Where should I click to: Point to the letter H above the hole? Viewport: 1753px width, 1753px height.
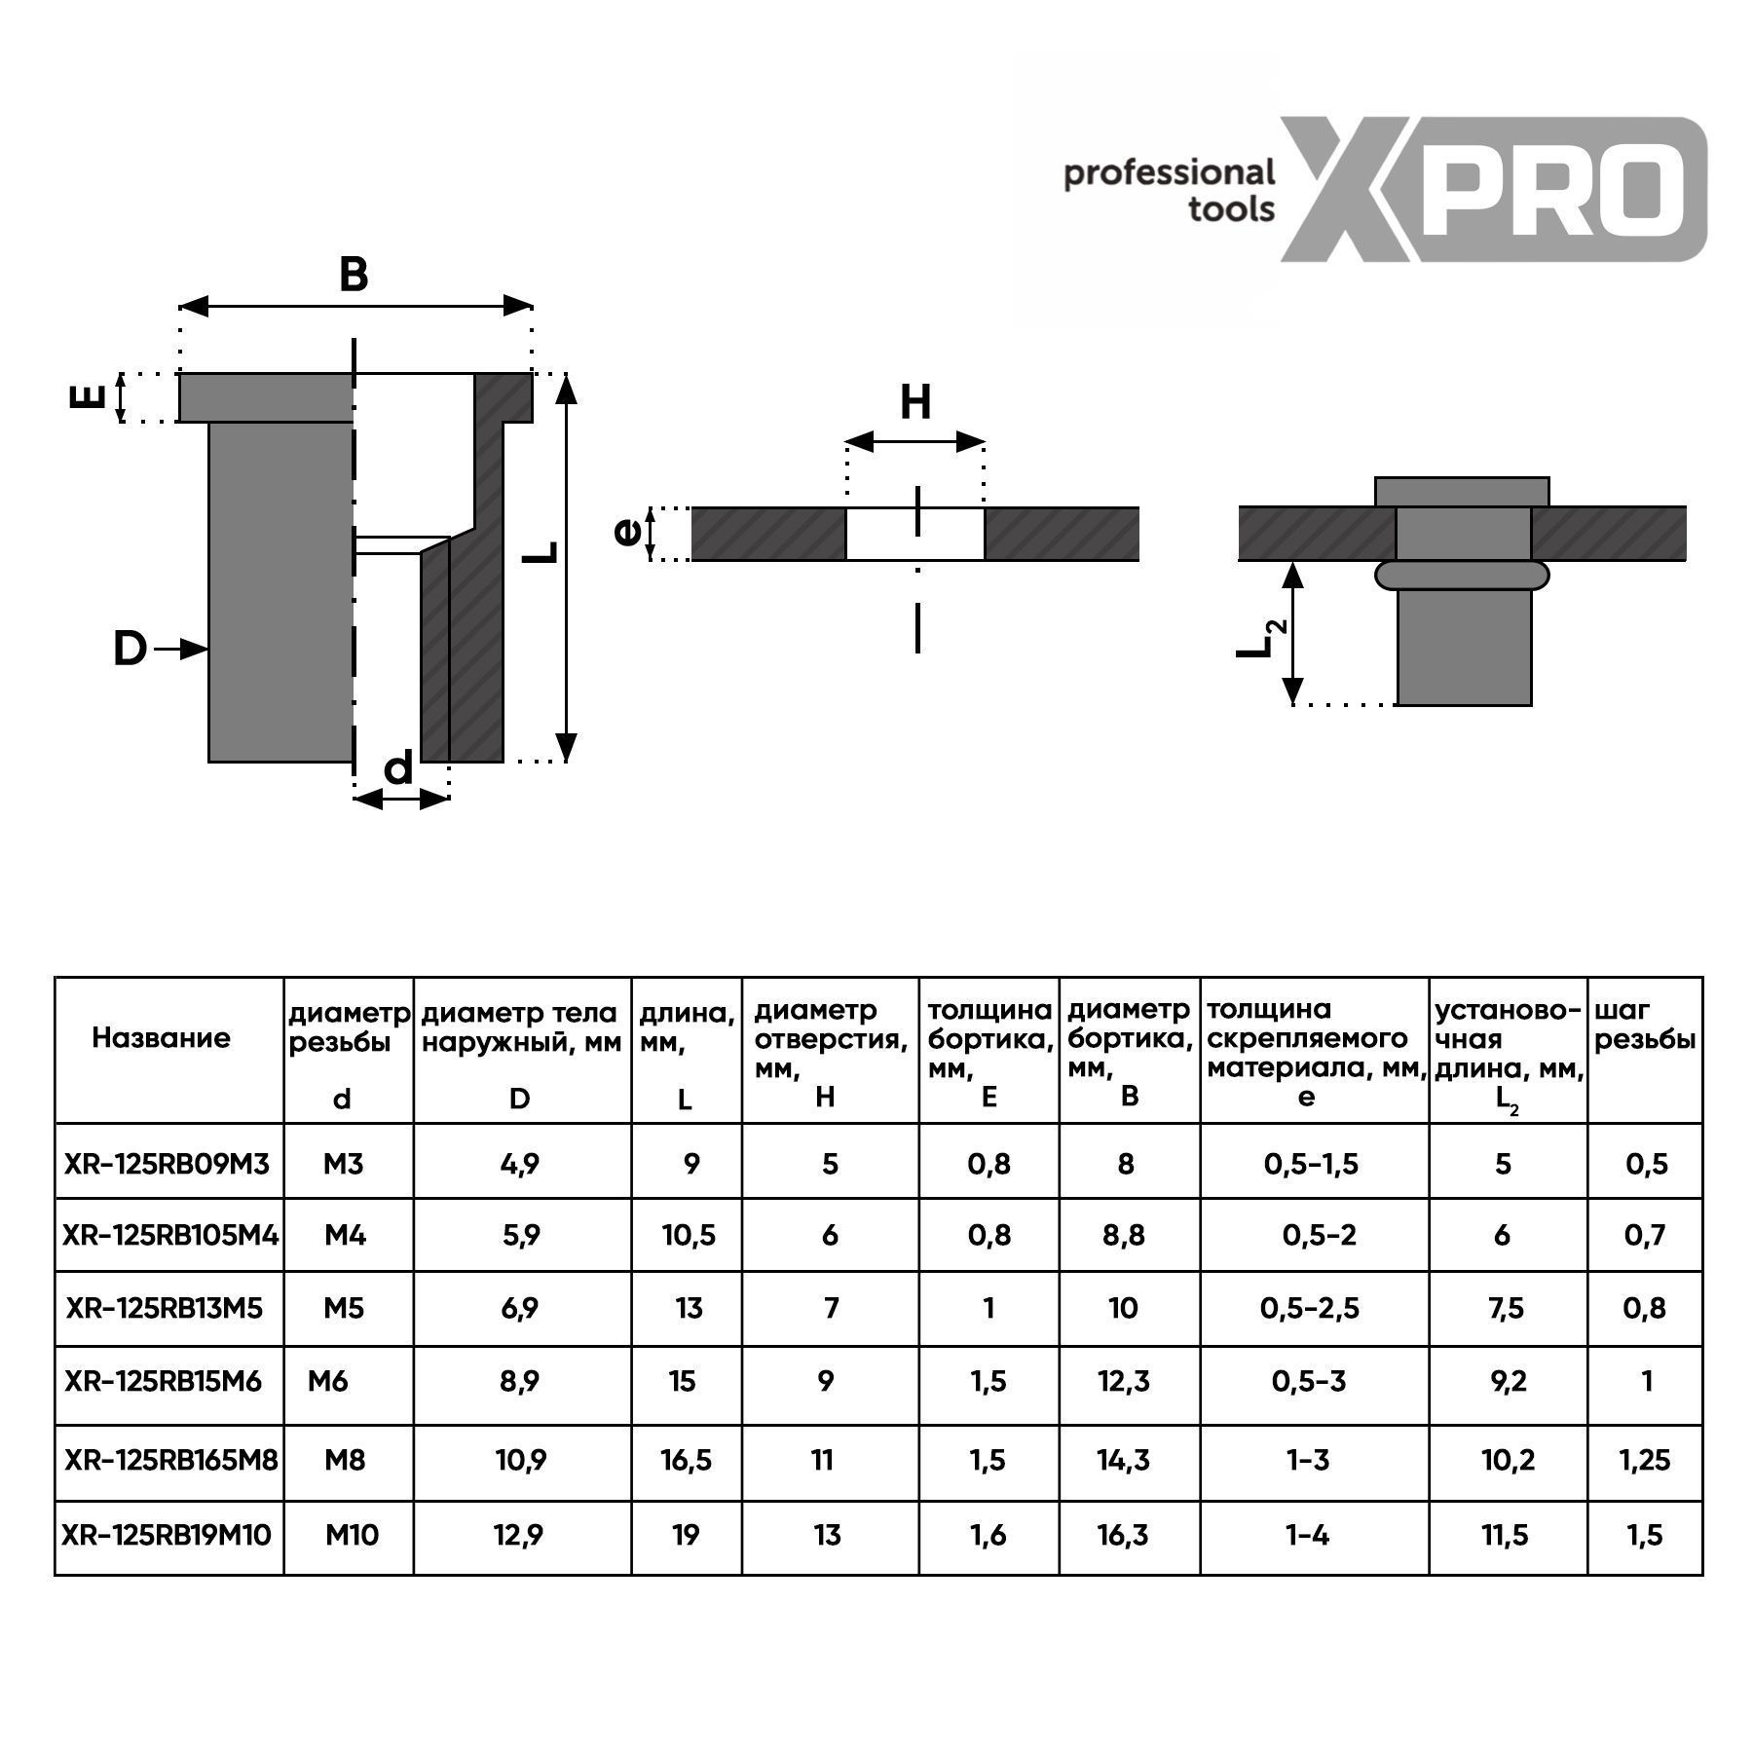(915, 401)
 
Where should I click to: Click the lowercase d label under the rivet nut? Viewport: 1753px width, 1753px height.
(398, 768)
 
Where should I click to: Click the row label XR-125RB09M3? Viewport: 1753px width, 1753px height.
(167, 1163)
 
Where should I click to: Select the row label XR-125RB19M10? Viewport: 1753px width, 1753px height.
(167, 1535)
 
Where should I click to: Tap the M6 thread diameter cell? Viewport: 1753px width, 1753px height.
(327, 1381)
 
